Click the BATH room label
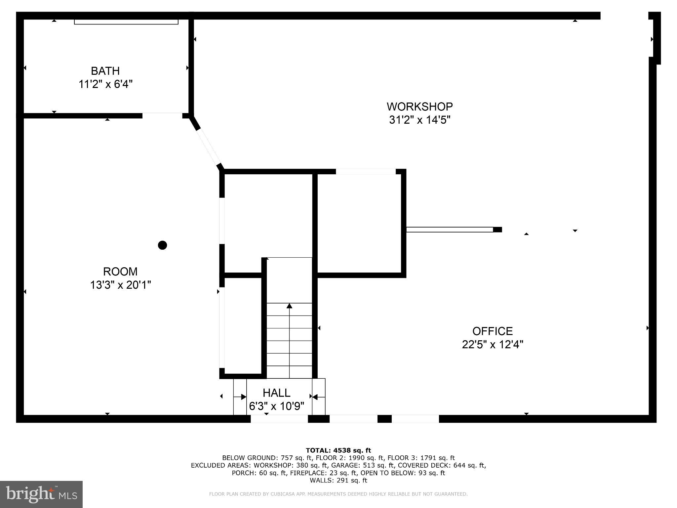105,71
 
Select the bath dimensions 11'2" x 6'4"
105,84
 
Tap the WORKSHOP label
419,106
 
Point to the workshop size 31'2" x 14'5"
419,120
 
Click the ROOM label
120,272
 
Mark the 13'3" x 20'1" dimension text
120,285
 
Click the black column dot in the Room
162,245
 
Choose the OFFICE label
492,331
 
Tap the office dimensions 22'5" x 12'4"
492,345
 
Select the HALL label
276,393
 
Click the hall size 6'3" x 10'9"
276,406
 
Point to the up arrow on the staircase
289,306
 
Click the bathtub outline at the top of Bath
126,22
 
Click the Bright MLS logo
41,494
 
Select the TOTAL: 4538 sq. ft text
338,450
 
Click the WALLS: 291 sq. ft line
338,480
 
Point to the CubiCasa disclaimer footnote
338,494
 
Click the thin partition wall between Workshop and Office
450,230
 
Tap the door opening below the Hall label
279,419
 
